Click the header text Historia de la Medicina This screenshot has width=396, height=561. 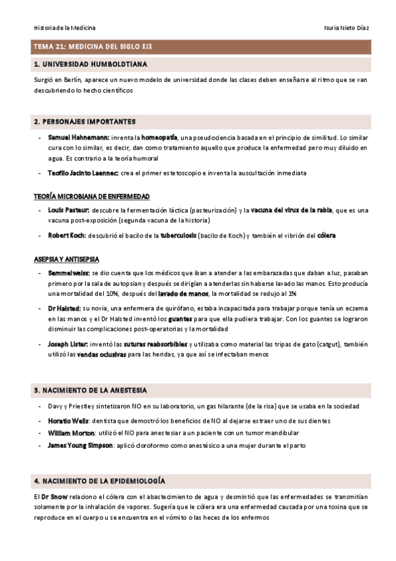[x=65, y=28]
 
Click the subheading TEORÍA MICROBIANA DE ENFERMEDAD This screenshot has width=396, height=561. [x=92, y=196]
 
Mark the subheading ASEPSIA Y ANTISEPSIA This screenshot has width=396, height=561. [x=68, y=259]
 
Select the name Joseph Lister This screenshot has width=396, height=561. [x=67, y=343]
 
